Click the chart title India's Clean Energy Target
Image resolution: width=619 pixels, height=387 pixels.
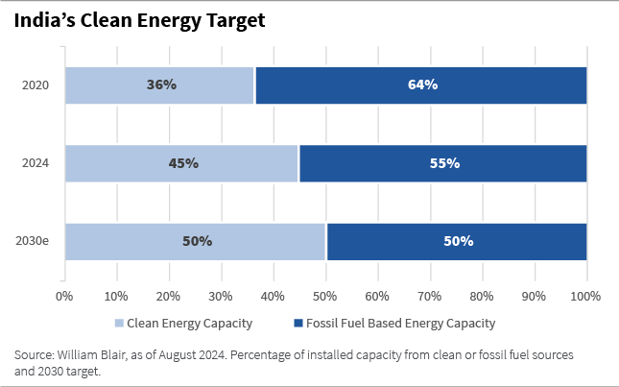(x=140, y=19)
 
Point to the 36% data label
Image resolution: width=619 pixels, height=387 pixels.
(x=161, y=85)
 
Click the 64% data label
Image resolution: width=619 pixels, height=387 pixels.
(x=422, y=85)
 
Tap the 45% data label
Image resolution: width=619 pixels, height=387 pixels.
(x=183, y=163)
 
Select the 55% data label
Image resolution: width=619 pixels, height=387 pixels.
(x=444, y=163)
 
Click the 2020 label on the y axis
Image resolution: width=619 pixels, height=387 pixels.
(x=36, y=85)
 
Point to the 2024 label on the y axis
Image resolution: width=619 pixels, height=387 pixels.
(x=36, y=163)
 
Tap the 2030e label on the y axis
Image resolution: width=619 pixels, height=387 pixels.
(x=33, y=241)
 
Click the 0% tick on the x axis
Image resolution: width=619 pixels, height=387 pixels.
(x=65, y=295)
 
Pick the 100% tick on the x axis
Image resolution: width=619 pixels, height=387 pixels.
(x=586, y=295)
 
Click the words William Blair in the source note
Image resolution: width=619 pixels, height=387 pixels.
(x=90, y=354)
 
